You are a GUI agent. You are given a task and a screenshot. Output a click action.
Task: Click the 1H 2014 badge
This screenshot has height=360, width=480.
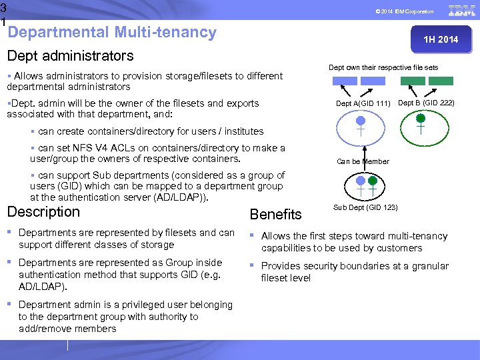pyautogui.click(x=441, y=39)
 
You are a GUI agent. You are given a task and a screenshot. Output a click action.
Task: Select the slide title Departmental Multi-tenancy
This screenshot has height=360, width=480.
pyautogui.click(x=112, y=32)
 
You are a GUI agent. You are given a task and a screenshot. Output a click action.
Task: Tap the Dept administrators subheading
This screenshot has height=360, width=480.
pyautogui.click(x=70, y=56)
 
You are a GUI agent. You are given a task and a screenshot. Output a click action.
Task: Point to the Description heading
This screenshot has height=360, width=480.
pyautogui.click(x=43, y=212)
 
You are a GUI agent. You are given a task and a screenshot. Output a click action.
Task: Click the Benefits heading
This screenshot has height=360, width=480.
pyautogui.click(x=275, y=214)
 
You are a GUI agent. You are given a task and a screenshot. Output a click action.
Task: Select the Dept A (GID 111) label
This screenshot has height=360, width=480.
pyautogui.click(x=363, y=104)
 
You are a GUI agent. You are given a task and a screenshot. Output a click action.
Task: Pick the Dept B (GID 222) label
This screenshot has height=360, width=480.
pyautogui.click(x=426, y=103)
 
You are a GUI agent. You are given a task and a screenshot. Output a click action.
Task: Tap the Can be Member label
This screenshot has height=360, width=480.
pyautogui.click(x=363, y=161)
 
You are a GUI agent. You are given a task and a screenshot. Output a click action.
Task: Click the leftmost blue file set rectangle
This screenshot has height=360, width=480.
pyautogui.click(x=345, y=81)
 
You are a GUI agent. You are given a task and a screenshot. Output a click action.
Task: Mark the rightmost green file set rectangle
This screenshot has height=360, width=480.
pyautogui.click(x=441, y=81)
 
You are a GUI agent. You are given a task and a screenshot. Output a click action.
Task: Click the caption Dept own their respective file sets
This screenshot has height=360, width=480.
pyautogui.click(x=383, y=67)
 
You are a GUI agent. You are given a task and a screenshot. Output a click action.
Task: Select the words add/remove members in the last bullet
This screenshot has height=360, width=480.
pyautogui.click(x=67, y=329)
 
